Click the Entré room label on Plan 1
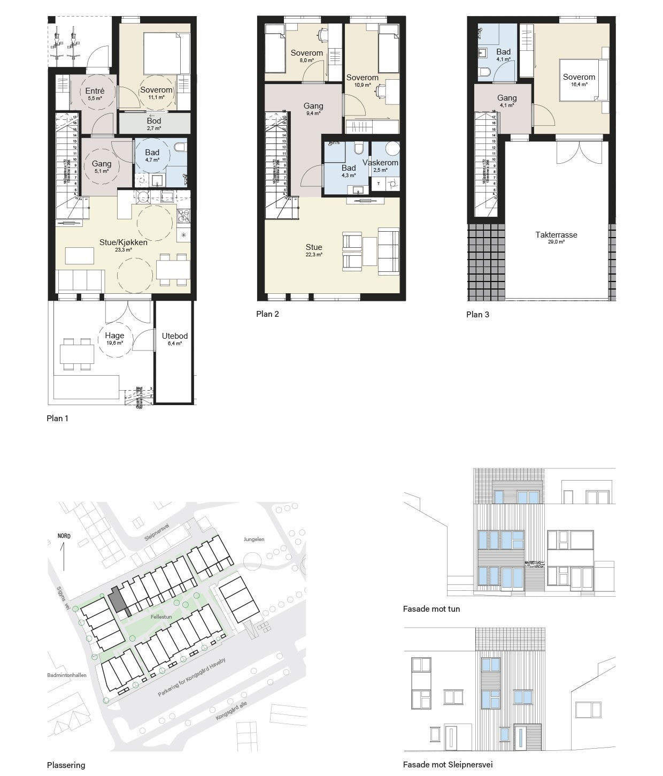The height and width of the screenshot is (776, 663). [x=95, y=91]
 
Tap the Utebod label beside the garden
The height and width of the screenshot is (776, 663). [x=175, y=336]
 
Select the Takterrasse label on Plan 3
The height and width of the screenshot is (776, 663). [x=556, y=234]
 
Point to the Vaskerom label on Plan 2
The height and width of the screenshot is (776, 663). [x=380, y=163]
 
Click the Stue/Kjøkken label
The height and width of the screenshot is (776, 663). [x=124, y=242]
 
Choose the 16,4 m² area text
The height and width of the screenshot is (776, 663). [x=579, y=85]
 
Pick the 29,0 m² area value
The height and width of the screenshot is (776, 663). [x=556, y=242]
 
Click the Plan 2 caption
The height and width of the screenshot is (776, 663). [x=267, y=314]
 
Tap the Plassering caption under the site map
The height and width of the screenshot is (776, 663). [x=66, y=765]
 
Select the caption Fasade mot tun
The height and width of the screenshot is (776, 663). [x=431, y=608]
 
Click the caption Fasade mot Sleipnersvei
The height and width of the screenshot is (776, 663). [x=448, y=765]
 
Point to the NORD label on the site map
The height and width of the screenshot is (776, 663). [x=64, y=536]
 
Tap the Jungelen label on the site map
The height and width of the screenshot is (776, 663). [x=253, y=539]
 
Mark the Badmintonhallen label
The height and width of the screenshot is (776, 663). [x=67, y=675]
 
